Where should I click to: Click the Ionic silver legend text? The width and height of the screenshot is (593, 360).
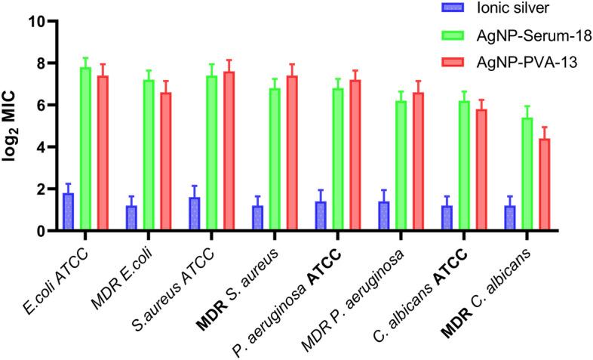coord(512,9)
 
